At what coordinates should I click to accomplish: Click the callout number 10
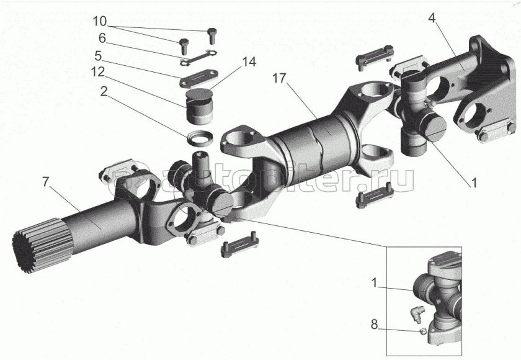tap(99, 21)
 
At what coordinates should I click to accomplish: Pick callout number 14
tap(249, 63)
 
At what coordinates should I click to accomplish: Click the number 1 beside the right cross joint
tap(474, 183)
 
